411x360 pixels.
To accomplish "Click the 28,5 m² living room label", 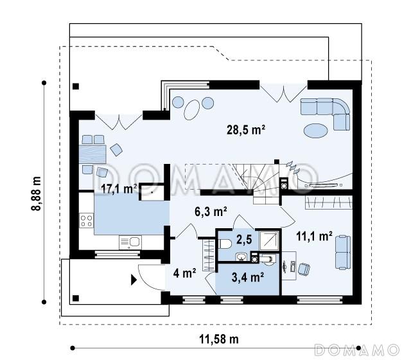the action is pos(245,130).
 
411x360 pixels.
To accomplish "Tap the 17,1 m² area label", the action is pos(119,188).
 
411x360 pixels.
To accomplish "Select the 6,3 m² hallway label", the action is pos(211,212).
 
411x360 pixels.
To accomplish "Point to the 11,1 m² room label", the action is pos(314,237).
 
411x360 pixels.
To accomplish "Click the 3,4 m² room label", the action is pos(247,277).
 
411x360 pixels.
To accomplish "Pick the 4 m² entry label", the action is pos(184,273).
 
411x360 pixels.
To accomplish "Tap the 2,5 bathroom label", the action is pos(244,239).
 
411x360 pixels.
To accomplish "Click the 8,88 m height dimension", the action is pos(36,194).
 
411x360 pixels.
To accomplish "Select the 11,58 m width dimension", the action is pos(219,339).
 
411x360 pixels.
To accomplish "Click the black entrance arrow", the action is pos(134,280).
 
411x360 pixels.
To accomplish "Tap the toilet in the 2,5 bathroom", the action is pos(225,244).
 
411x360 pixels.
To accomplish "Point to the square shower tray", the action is pos(268,240).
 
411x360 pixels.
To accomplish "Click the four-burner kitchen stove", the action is pos(87,221).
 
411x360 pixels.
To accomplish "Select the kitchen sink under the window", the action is pos(130,242).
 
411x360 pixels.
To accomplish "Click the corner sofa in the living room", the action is pos(326,114).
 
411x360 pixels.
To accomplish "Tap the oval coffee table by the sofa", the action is pos(315,130).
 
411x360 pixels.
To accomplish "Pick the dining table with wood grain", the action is pos(92,154).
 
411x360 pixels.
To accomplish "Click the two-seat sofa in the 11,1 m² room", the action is pos(343,252).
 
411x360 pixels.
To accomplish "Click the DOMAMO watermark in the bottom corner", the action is pos(356,350).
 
